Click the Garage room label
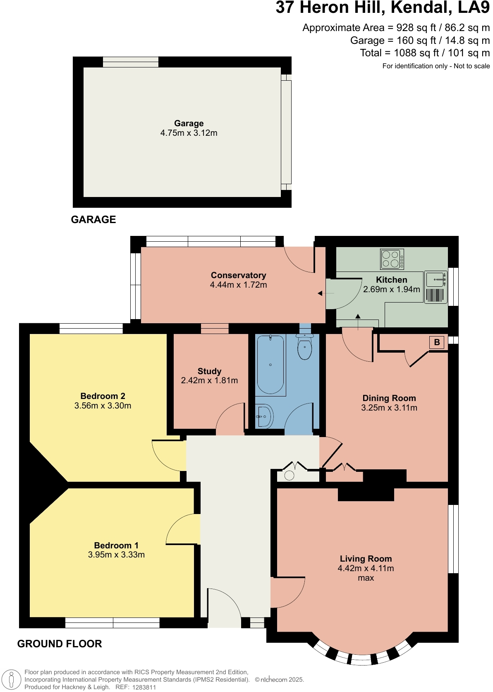(x=189, y=123)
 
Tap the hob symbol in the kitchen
(x=392, y=259)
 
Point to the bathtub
(x=270, y=364)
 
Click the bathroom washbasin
(x=264, y=416)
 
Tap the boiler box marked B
(x=437, y=342)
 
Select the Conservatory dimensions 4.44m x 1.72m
(x=238, y=285)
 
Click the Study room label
(x=209, y=371)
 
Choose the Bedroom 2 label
(x=103, y=396)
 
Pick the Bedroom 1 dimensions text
(x=116, y=555)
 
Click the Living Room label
(x=366, y=559)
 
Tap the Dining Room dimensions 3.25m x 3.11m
(x=389, y=408)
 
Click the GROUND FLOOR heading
(x=60, y=644)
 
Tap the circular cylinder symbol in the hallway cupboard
(x=290, y=475)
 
